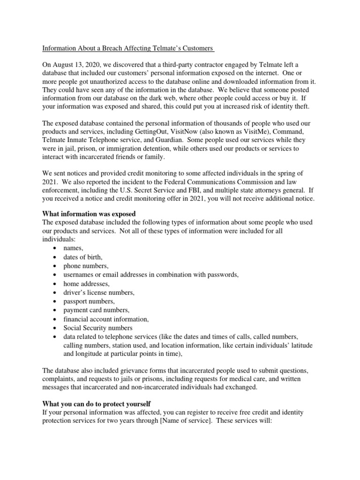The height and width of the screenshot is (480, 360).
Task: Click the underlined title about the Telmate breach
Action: pyautogui.click(x=128, y=48)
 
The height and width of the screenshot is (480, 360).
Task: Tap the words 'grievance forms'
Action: pyautogui.click(x=153, y=371)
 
